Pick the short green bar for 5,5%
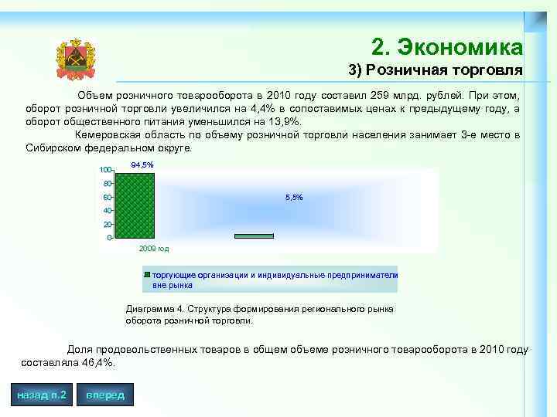pos(254,236)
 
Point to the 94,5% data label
pos(142,165)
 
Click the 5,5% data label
pos(294,198)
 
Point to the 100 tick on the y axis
pos(104,170)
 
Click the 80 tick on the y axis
pos(108,184)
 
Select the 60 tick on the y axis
pos(108,197)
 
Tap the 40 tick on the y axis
pos(108,211)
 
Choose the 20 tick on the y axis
pos(108,224)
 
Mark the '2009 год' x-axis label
pos(153,249)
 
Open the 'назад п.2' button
pos(42,395)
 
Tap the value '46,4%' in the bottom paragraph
pos(98,362)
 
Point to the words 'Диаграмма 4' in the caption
pos(152,309)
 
